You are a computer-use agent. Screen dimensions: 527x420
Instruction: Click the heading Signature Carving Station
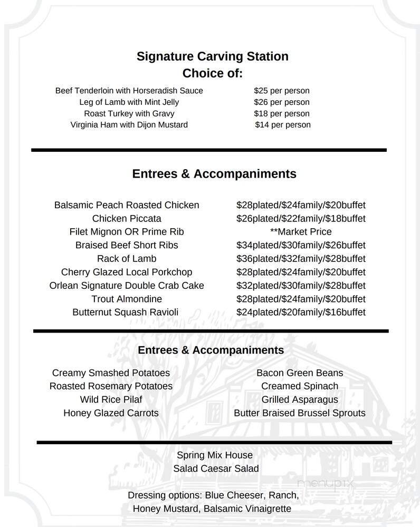click(212, 56)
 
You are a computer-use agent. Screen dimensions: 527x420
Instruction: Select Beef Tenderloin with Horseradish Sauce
click(129, 91)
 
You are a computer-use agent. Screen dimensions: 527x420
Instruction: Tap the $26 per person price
click(281, 102)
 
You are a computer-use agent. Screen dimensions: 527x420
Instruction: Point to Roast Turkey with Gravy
click(129, 113)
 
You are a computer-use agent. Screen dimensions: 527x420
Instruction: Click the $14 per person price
click(282, 125)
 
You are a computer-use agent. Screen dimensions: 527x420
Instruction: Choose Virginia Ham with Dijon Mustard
click(129, 125)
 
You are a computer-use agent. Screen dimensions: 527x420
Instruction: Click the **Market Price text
click(301, 232)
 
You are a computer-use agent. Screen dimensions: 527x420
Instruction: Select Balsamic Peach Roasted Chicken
click(127, 205)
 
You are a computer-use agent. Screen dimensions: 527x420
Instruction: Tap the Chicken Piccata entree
click(127, 218)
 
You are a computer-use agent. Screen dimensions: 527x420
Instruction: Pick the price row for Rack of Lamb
click(301, 259)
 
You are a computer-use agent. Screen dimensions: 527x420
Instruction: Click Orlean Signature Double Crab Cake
click(127, 286)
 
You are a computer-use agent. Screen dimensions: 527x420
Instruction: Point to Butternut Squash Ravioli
click(126, 313)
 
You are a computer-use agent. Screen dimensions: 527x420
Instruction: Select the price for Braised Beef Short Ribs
click(301, 245)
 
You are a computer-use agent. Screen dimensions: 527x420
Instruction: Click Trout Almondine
click(127, 299)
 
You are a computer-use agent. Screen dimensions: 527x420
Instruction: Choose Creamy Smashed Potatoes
click(111, 373)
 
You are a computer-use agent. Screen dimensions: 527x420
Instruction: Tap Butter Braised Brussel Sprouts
click(299, 413)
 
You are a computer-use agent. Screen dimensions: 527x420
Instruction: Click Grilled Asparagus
click(299, 399)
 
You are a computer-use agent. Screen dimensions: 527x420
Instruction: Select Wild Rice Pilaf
click(111, 399)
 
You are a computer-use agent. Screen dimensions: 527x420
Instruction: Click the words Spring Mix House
click(215, 455)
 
